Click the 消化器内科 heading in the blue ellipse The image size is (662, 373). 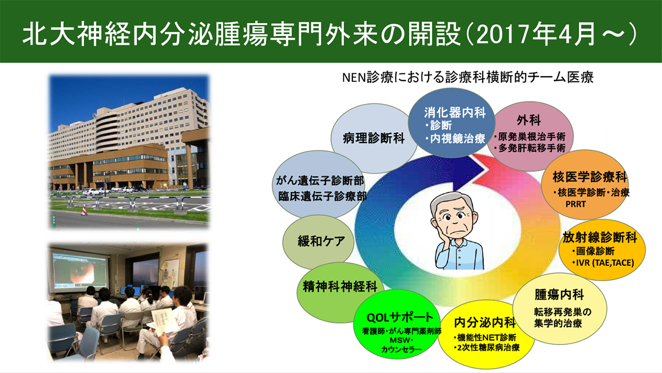coord(455,113)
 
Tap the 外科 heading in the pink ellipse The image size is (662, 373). coord(528,120)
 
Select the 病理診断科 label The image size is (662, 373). coord(373,138)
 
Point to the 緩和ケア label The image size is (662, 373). coord(321,241)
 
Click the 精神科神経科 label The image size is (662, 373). coord(340,287)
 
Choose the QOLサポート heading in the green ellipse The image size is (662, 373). coord(400,318)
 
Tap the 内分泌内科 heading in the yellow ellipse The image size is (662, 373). coord(485,322)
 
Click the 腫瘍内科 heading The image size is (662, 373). coord(559,295)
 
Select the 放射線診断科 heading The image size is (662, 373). coord(599,238)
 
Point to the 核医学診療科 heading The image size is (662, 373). coord(589,177)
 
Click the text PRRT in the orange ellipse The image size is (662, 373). coord(575,204)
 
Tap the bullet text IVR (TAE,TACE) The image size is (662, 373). coord(603,262)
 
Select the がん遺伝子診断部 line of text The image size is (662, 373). coord(320,181)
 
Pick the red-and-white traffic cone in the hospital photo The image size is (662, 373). coord(84,210)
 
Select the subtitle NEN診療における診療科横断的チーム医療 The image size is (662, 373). coord(468,77)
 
